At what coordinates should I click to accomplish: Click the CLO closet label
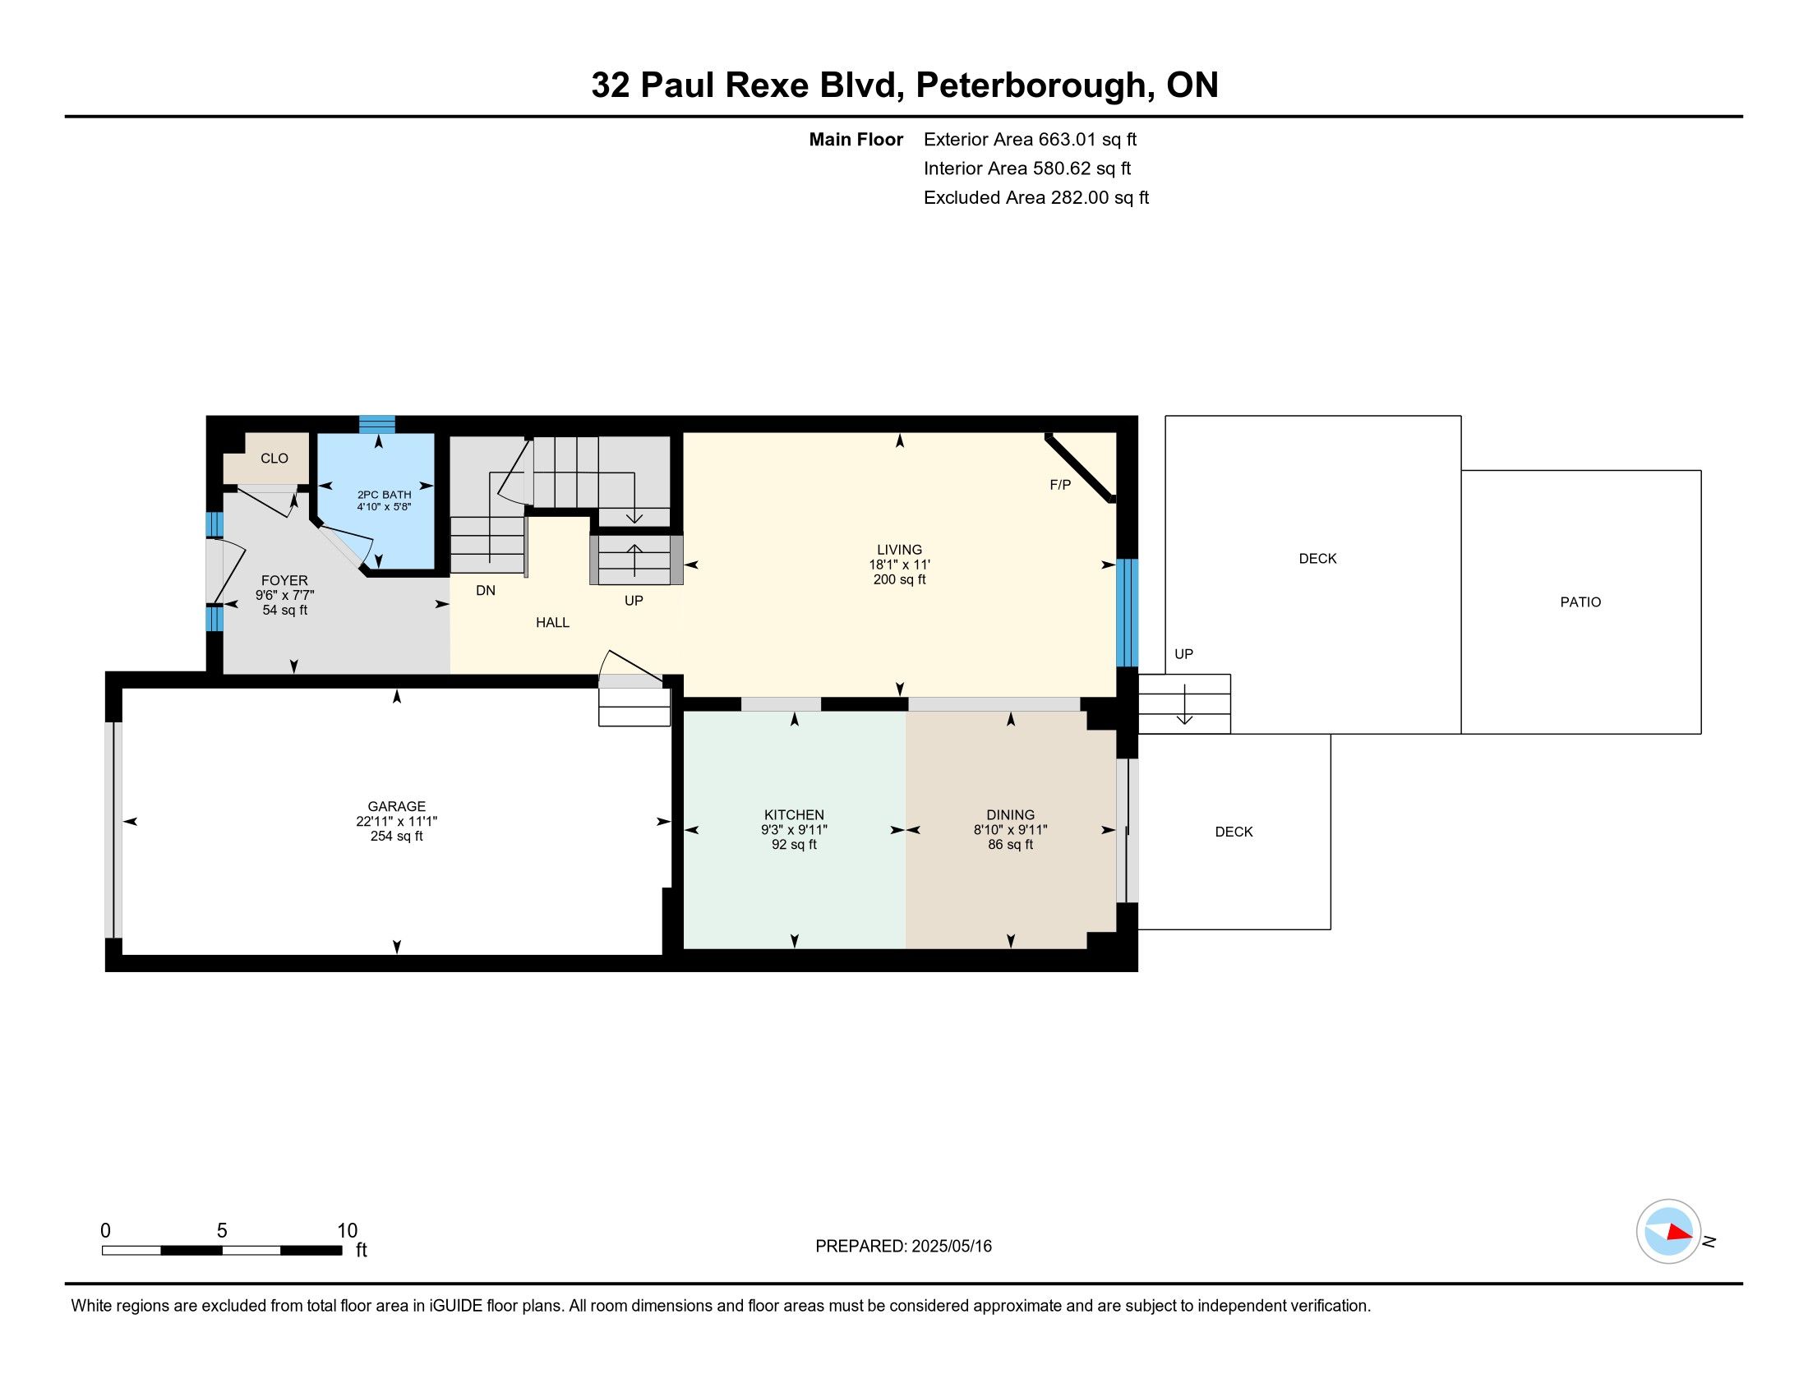(x=274, y=459)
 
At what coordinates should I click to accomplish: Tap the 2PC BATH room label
(x=384, y=495)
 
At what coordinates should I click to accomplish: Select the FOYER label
(x=284, y=581)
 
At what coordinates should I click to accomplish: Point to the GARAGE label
(x=397, y=806)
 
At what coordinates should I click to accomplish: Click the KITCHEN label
(x=794, y=815)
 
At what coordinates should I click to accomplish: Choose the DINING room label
(x=1010, y=815)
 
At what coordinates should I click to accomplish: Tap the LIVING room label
(x=899, y=550)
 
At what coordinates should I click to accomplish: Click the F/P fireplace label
(x=1059, y=485)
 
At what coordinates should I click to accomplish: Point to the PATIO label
(x=1580, y=602)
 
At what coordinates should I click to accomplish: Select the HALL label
(x=552, y=622)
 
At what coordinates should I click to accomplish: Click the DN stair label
(x=485, y=591)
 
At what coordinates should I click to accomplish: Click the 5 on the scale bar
(x=222, y=1231)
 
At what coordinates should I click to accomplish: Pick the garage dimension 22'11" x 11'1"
(x=397, y=821)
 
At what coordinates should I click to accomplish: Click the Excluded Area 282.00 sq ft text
(x=1035, y=198)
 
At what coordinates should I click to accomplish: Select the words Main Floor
(x=856, y=140)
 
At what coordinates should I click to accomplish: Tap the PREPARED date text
(x=903, y=1247)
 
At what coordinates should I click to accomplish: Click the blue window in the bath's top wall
(x=376, y=425)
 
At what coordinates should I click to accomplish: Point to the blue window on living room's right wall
(x=1127, y=612)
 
